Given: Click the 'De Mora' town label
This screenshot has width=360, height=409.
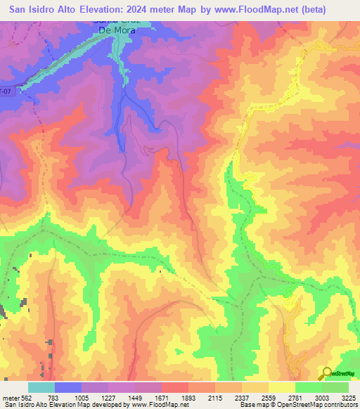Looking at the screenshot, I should [114, 30].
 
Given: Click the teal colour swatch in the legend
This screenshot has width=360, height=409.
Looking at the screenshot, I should [41, 387].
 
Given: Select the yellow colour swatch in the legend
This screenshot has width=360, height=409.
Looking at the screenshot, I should [282, 387].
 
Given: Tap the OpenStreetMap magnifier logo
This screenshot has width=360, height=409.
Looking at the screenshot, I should [326, 374].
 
